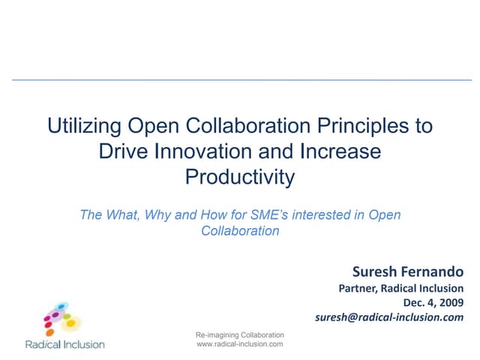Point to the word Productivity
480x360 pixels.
click(240, 178)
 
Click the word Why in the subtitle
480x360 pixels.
click(160, 215)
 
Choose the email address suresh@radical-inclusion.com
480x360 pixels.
click(390, 317)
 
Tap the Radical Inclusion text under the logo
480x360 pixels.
click(64, 345)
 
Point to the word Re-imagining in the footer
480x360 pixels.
click(217, 334)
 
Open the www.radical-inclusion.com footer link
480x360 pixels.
click(239, 343)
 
